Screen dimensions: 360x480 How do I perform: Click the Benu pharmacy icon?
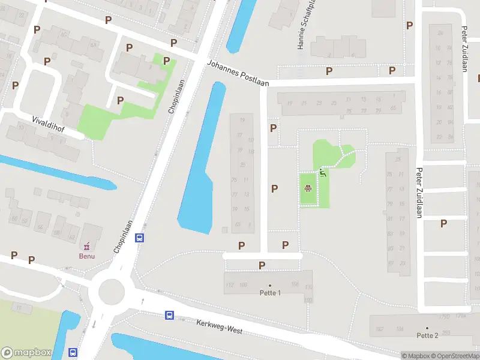coord(87,245)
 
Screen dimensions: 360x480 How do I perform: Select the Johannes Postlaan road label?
coord(237,73)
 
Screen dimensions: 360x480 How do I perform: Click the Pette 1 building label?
coord(270,292)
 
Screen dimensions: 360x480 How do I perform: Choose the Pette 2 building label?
coord(427,335)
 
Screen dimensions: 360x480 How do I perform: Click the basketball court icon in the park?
coord(308,188)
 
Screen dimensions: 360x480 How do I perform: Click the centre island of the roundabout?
coord(111,292)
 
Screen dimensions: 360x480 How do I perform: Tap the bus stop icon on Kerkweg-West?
coord(170,315)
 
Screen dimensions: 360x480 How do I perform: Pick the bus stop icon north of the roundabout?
coord(140,238)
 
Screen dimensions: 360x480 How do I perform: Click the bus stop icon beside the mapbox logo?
coord(73,353)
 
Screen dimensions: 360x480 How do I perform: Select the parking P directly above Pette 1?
coord(262,265)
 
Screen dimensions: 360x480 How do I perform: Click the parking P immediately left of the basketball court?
coord(274,188)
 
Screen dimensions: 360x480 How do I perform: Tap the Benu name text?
coord(87,256)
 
